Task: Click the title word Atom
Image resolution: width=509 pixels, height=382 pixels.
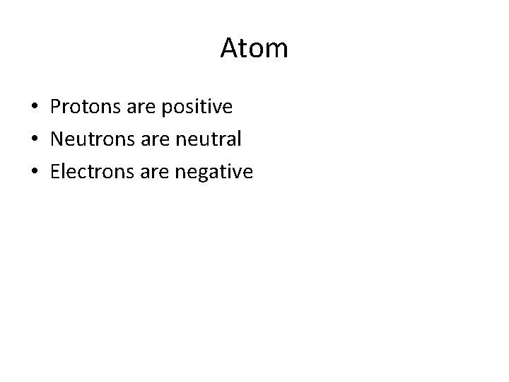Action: (x=255, y=49)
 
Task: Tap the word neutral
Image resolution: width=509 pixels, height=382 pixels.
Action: (x=209, y=139)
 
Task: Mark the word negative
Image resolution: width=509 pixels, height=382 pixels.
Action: (x=213, y=172)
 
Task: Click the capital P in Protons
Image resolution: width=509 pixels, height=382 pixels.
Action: (x=56, y=108)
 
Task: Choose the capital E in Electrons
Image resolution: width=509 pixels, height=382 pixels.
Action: (x=55, y=171)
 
